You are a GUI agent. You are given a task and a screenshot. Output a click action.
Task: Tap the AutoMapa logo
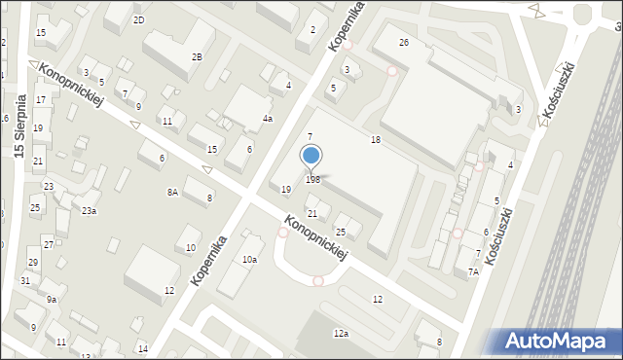(559, 341)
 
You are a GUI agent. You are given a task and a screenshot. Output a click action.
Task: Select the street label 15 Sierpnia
(19, 126)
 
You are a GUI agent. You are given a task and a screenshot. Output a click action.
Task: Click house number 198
(312, 179)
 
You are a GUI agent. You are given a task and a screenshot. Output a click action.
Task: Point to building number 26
(403, 43)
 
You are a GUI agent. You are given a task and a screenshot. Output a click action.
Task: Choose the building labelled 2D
(139, 20)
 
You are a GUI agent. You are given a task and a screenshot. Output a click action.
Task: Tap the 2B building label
(197, 56)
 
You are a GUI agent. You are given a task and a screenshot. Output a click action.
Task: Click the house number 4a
(267, 118)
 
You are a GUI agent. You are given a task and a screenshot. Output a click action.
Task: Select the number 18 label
(375, 140)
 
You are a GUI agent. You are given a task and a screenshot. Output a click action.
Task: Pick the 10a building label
(250, 259)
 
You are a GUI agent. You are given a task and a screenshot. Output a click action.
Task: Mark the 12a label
(341, 333)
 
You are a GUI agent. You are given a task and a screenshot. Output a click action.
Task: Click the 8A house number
(172, 193)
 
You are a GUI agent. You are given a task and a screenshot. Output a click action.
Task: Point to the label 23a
(89, 210)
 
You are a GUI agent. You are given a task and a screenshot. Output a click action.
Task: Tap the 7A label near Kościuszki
(473, 272)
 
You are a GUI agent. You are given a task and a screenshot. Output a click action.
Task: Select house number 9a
(52, 300)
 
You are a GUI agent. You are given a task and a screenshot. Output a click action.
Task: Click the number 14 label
(142, 348)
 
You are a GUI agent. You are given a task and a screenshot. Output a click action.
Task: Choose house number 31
(25, 280)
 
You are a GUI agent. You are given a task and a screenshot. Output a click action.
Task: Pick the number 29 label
(32, 263)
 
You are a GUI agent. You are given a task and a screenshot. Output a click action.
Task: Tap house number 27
(48, 243)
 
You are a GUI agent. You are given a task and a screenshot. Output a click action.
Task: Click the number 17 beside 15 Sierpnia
(41, 99)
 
